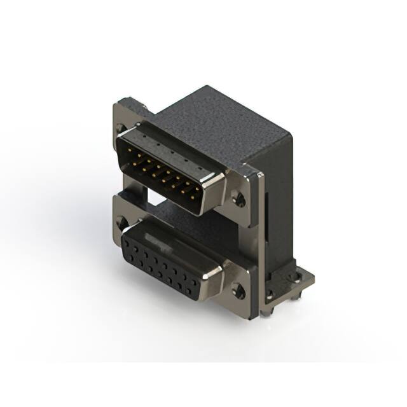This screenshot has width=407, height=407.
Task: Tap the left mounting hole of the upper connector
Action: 121,128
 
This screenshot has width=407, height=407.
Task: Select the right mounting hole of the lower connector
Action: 238,292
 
